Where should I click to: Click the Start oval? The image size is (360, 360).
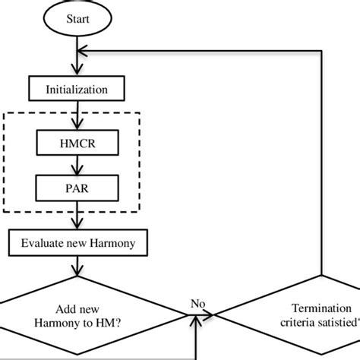tap(76, 18)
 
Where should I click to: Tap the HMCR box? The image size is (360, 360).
tap(76, 141)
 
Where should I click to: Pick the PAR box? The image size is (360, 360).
tap(76, 185)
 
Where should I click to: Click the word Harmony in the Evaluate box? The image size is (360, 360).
tap(113, 243)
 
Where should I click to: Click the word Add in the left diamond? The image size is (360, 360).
tap(67, 309)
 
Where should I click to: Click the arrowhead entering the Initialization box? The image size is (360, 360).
tap(76, 73)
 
